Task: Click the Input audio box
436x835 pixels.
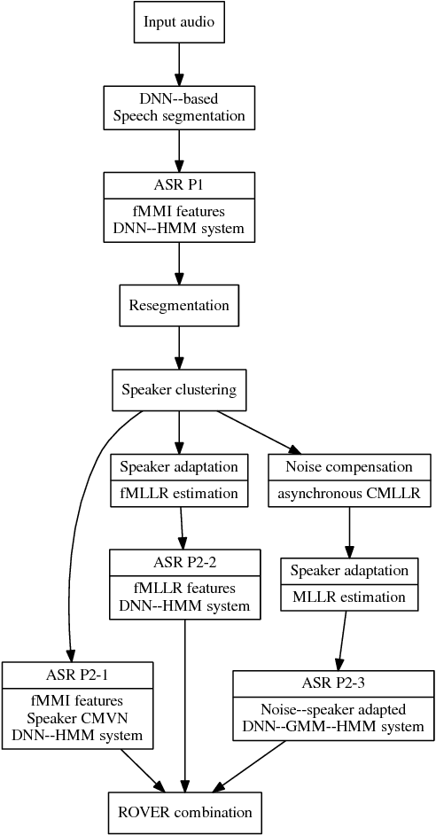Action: coord(179,21)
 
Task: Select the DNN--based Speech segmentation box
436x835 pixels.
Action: coord(179,107)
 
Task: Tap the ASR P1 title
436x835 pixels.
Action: coord(179,185)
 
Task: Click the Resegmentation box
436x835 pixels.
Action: coord(179,306)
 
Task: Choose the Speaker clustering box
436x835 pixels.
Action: coord(179,390)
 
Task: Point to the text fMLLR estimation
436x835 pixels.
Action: coord(179,493)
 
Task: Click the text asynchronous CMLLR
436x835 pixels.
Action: coord(349,493)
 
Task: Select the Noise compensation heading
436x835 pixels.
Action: coord(349,467)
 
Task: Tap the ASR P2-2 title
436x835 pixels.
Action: coord(184,562)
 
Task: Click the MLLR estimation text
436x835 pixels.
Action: coord(349,597)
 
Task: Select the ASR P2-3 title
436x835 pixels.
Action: coord(332,683)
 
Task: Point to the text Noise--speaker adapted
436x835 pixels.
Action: coord(332,709)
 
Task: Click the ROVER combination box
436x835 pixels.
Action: coord(184,812)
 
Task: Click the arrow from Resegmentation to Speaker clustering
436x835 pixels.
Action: coord(179,348)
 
